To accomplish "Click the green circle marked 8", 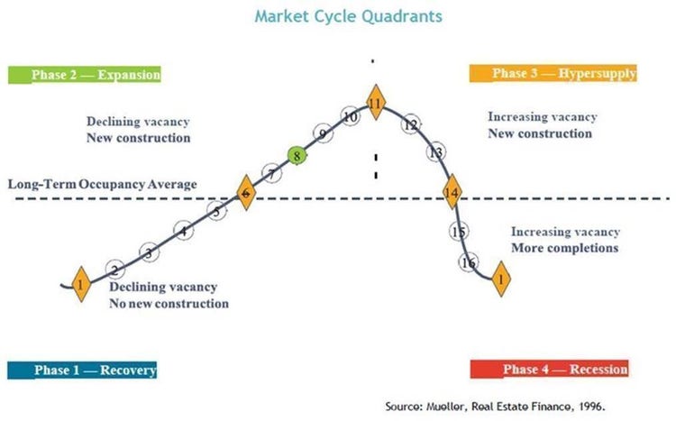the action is (x=297, y=156).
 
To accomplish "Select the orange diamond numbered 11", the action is (x=376, y=103).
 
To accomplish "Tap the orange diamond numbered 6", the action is (x=246, y=193).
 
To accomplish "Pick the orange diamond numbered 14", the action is (x=452, y=192).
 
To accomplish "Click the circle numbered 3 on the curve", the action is (x=149, y=252).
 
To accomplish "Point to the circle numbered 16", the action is (x=468, y=262).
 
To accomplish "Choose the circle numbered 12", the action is (x=411, y=124).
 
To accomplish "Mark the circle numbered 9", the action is (x=323, y=133).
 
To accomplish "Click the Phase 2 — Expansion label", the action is (x=85, y=75).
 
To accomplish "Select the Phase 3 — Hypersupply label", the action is (x=553, y=73).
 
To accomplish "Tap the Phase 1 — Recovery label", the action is (x=82, y=371).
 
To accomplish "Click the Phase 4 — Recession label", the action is (x=549, y=370).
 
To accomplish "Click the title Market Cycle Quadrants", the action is (x=348, y=16).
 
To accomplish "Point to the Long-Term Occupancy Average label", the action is (x=103, y=184).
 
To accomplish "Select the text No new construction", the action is (x=169, y=304).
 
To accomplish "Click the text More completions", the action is (x=565, y=248).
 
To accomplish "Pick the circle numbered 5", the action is (x=216, y=211).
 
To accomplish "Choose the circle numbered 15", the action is (x=459, y=231).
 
